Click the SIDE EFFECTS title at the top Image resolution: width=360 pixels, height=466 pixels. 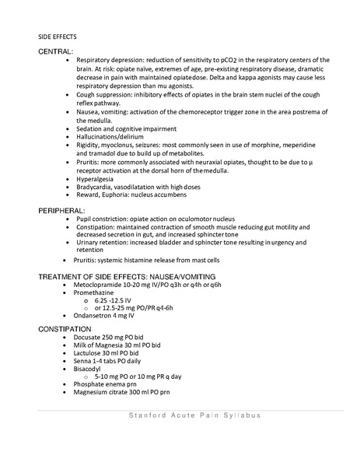click(55, 36)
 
